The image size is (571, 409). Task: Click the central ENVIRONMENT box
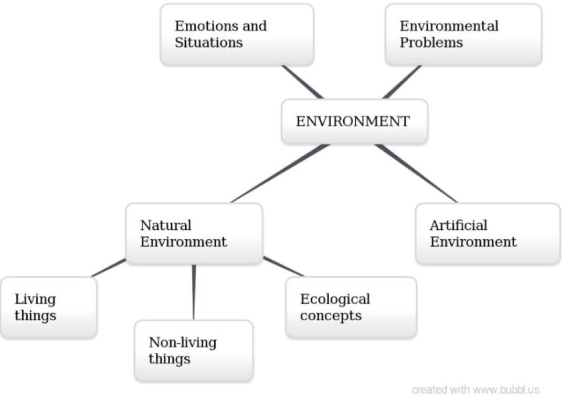click(354, 121)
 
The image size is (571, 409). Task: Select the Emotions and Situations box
click(237, 35)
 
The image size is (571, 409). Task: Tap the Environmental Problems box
click(463, 35)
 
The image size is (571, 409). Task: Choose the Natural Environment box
click(194, 234)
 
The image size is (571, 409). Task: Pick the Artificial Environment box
click(488, 234)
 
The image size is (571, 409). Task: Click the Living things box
click(48, 308)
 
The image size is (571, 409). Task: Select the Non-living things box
click(194, 351)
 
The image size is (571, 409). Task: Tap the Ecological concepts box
click(351, 308)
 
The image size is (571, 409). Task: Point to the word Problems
click(431, 43)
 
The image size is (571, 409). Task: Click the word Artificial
click(458, 226)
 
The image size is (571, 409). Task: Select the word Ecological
click(335, 299)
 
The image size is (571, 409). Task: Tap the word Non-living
click(183, 343)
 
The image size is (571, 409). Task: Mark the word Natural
click(165, 226)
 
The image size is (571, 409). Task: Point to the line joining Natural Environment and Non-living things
click(194, 292)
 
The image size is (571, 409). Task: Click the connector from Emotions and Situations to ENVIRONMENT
click(303, 83)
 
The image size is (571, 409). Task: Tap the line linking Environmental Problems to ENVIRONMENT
click(401, 83)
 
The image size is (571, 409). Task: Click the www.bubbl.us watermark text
click(506, 390)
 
